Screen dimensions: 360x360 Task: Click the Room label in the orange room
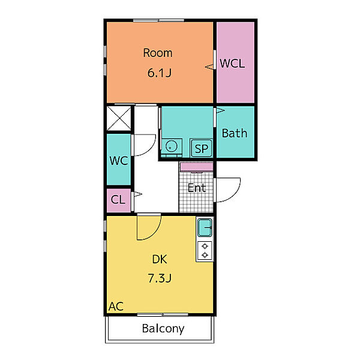click(x=158, y=53)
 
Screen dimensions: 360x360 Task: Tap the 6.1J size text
click(x=160, y=73)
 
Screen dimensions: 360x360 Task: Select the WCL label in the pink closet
click(x=232, y=64)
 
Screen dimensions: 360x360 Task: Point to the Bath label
click(x=235, y=133)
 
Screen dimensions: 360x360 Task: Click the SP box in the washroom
click(x=202, y=148)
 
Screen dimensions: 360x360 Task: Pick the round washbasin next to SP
click(x=172, y=146)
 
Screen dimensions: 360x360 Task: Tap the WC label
click(x=119, y=160)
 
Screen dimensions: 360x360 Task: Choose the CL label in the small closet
click(x=118, y=199)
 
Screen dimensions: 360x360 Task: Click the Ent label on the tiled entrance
click(x=197, y=188)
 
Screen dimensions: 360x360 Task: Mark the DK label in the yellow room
click(x=160, y=259)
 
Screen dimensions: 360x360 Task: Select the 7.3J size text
click(x=160, y=278)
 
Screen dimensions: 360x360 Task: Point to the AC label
click(x=116, y=306)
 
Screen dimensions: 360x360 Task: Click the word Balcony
click(x=163, y=329)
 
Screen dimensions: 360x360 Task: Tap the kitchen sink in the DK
click(x=205, y=227)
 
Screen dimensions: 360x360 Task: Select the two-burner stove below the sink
click(x=205, y=251)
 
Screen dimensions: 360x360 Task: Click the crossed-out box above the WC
click(x=119, y=118)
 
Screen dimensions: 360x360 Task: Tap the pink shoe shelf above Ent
click(x=197, y=167)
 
